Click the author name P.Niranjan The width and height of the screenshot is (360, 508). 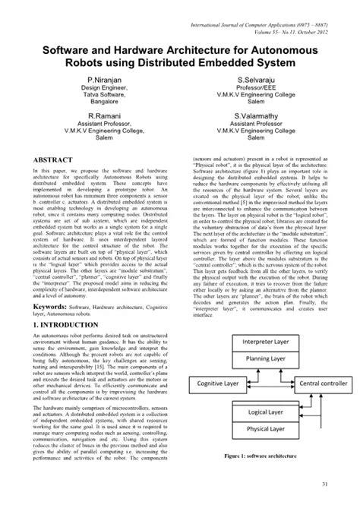103,79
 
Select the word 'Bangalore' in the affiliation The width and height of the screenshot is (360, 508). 103,99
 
